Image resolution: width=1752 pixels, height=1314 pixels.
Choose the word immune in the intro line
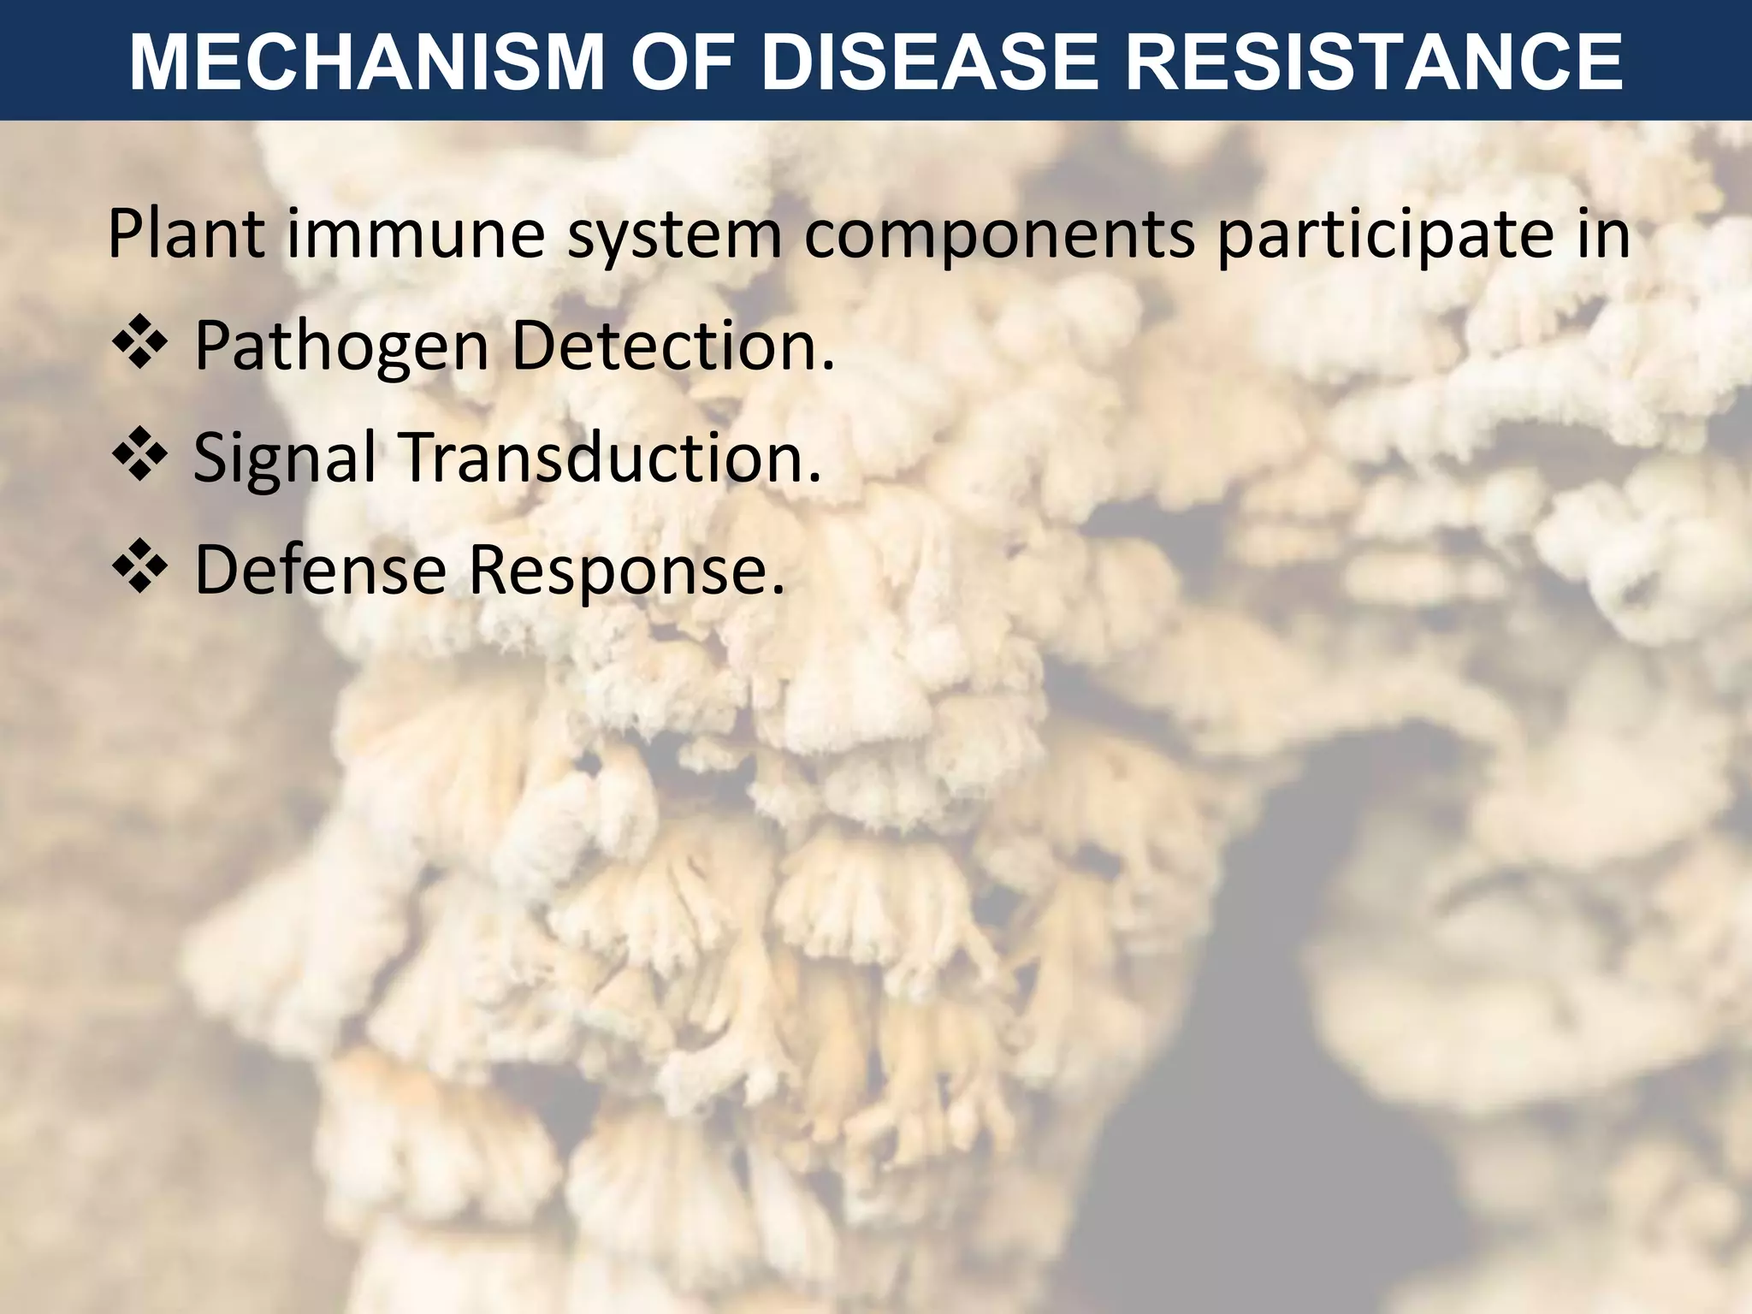416,234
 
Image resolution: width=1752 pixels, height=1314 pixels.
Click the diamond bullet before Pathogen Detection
139,346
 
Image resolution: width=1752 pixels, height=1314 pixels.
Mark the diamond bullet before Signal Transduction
139,458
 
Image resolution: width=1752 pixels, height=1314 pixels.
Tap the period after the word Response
777,589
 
